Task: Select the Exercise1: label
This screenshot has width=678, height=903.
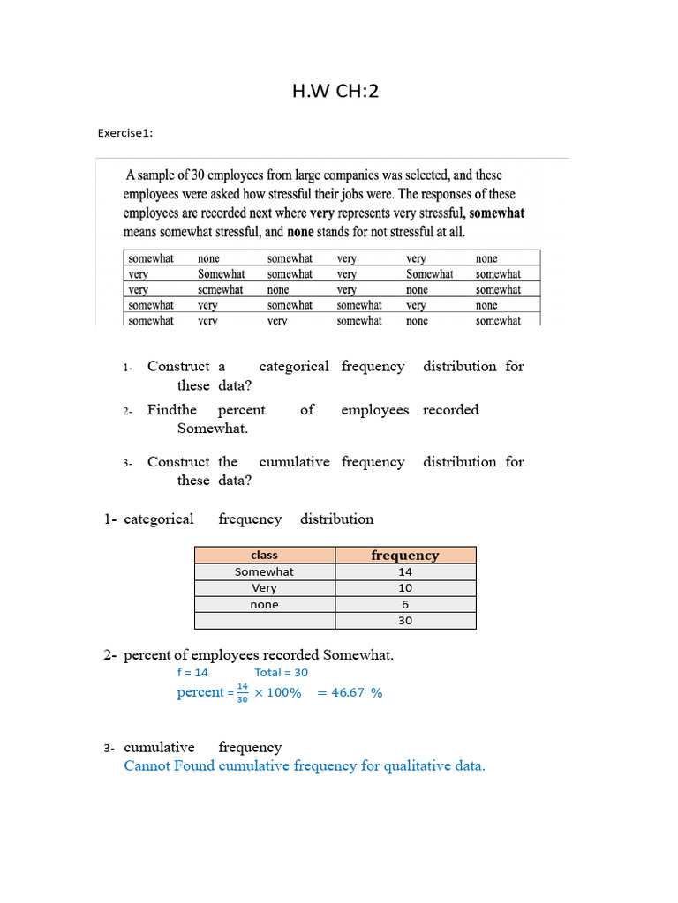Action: coord(125,133)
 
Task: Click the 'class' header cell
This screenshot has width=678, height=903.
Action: coord(264,555)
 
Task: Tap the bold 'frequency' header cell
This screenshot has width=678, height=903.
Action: coord(405,555)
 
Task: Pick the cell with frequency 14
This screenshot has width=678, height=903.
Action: coord(405,571)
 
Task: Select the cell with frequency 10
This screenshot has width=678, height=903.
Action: coord(405,588)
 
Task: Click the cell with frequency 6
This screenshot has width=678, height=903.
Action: coord(405,604)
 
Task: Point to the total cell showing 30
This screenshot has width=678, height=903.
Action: coord(405,621)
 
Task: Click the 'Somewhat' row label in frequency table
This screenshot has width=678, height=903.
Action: coord(264,571)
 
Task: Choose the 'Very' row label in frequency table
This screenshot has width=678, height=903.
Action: coord(264,588)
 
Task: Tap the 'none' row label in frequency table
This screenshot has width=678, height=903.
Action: coord(264,604)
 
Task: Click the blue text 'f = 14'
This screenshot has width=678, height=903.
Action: coord(192,672)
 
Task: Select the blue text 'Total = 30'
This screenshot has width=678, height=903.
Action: coord(281,672)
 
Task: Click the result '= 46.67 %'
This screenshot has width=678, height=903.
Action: coord(350,692)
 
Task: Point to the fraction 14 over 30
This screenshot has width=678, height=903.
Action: coord(242,692)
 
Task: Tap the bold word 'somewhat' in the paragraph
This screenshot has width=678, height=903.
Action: coord(497,213)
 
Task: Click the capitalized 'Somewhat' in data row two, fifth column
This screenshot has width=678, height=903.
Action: coord(429,274)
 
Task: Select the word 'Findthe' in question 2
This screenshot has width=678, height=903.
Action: coord(172,410)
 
